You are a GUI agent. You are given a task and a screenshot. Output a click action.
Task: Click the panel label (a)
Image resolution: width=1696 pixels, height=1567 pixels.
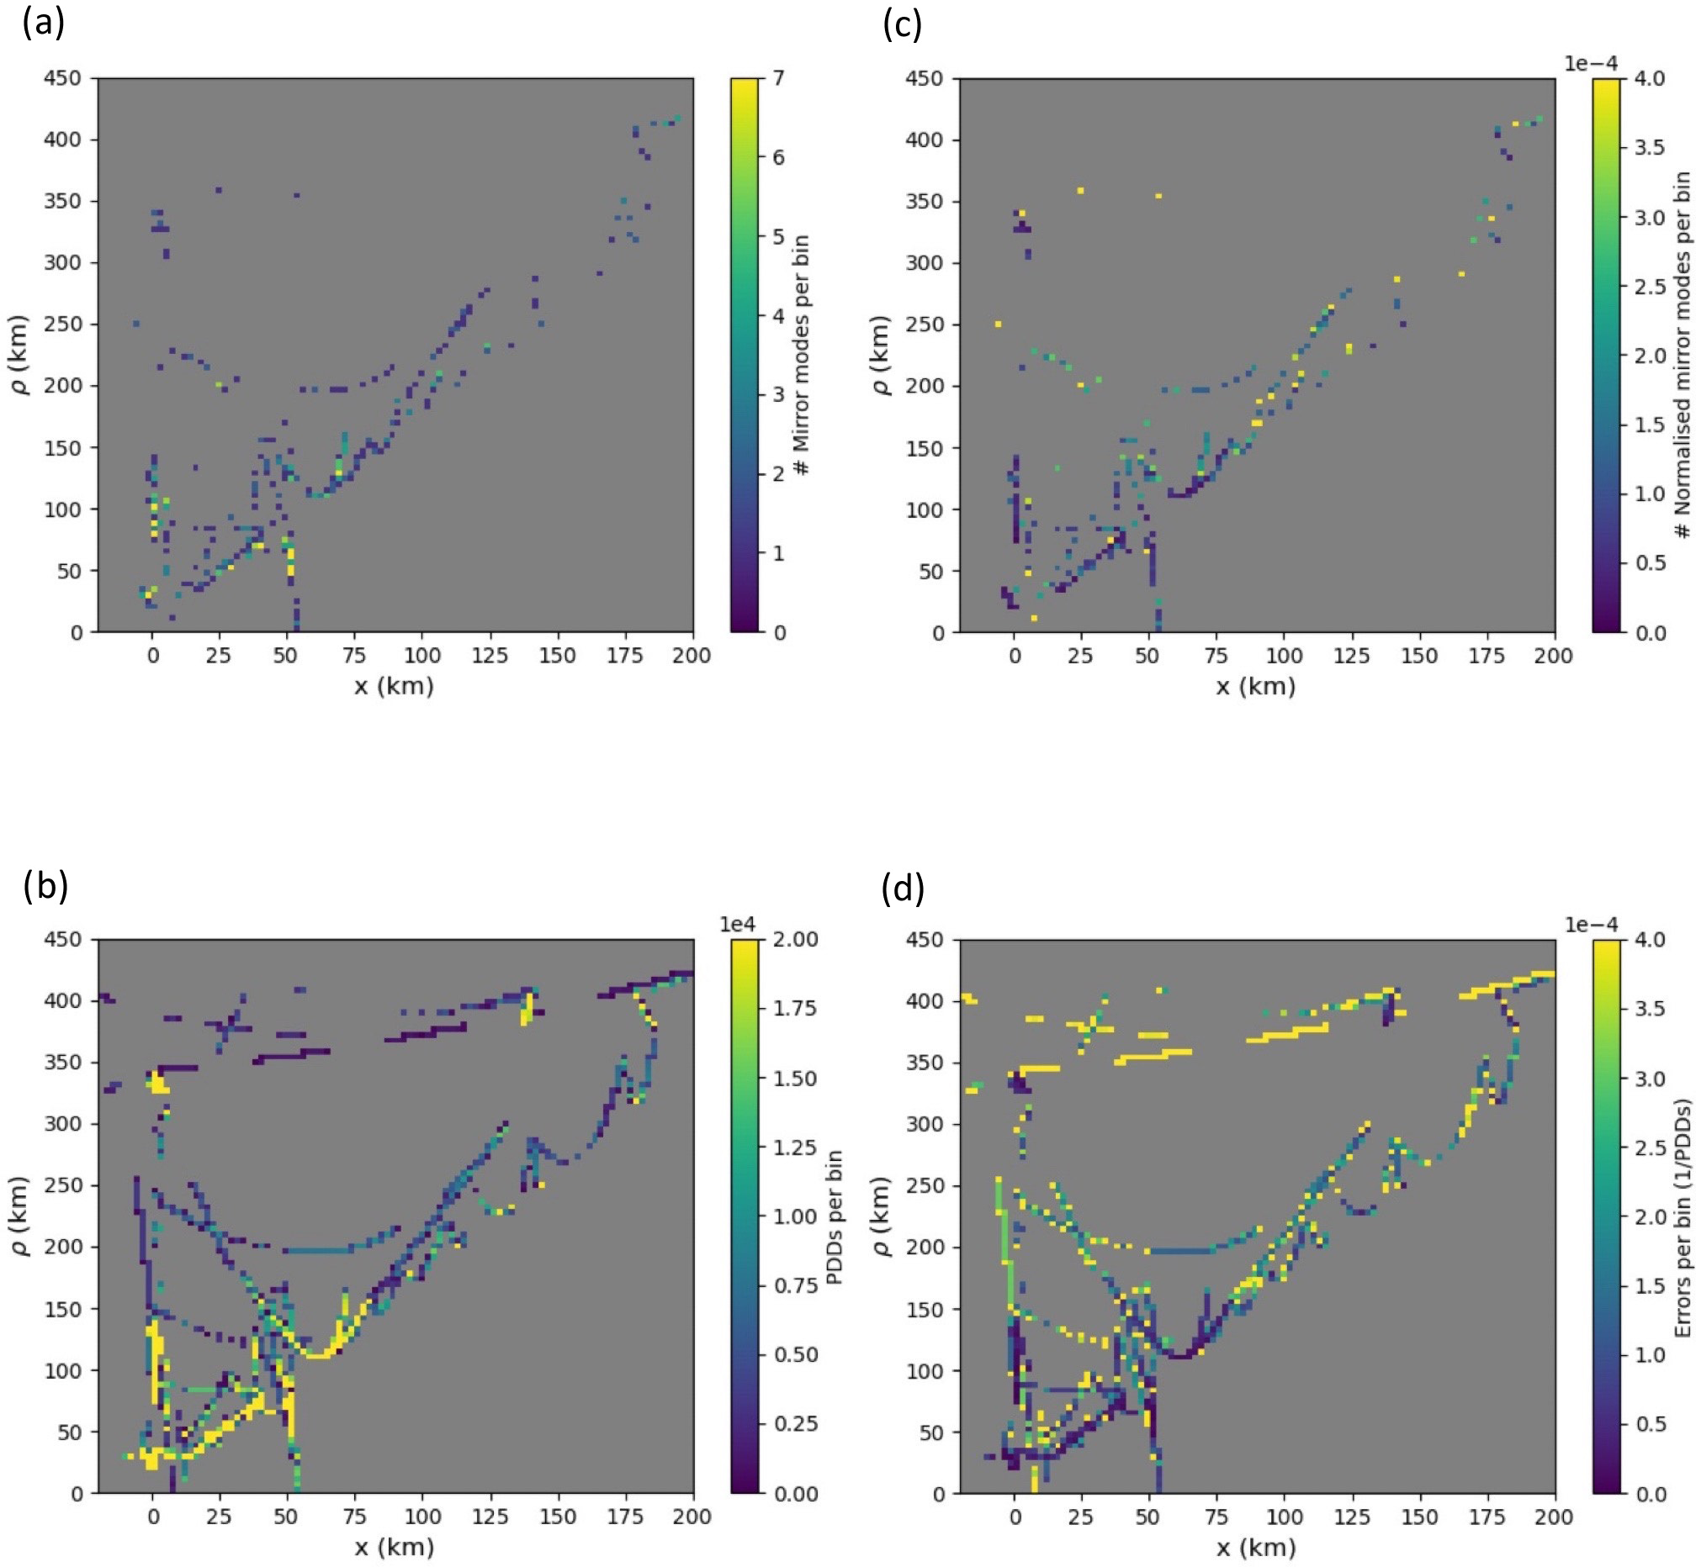click(43, 23)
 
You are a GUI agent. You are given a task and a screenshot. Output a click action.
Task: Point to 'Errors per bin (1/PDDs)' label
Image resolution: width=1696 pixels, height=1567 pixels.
click(1683, 1217)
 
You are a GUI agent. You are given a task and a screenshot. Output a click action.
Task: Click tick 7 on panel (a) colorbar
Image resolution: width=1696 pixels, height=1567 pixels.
click(778, 78)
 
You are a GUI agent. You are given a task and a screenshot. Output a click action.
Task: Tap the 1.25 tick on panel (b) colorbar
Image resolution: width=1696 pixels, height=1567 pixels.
click(795, 1148)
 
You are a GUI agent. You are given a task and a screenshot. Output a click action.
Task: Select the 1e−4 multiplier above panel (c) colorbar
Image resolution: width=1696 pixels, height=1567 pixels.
click(1591, 64)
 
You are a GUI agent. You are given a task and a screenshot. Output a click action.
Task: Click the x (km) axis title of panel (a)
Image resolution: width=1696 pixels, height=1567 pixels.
click(394, 686)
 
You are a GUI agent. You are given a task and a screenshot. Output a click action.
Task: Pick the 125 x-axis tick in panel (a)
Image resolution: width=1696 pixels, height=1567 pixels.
click(490, 656)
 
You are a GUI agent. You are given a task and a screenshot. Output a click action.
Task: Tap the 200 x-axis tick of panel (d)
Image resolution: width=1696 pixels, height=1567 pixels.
click(1554, 1516)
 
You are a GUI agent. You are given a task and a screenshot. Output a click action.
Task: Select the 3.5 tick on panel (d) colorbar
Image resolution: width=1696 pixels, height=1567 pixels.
click(1650, 1008)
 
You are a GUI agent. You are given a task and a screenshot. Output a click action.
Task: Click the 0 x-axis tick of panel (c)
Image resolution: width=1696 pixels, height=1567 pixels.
click(1015, 656)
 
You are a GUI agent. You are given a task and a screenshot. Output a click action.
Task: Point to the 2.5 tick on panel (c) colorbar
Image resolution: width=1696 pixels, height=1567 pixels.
click(1650, 286)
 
